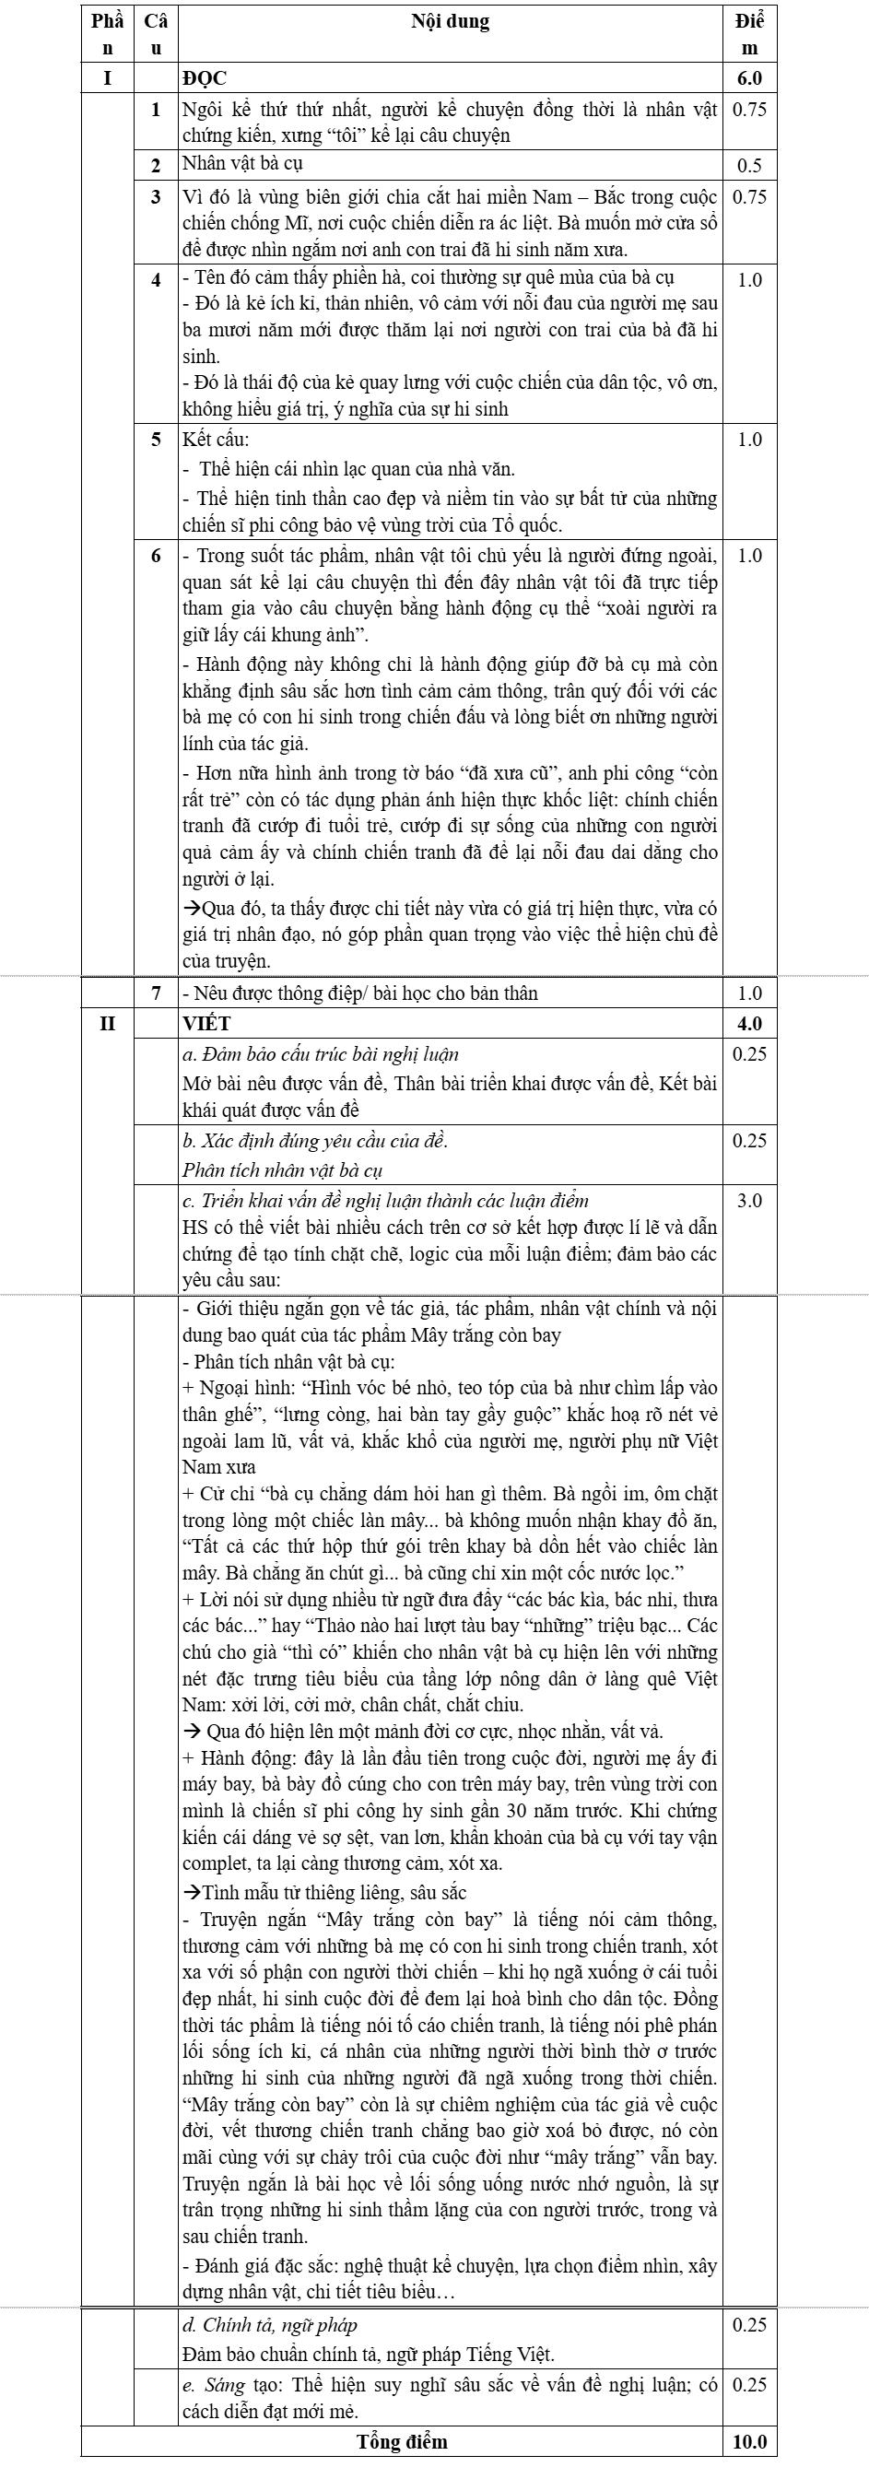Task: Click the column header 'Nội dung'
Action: (x=450, y=22)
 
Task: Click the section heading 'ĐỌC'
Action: (x=205, y=79)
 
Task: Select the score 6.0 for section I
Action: (x=750, y=79)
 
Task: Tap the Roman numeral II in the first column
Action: (x=107, y=1023)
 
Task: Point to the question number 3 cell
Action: (x=156, y=197)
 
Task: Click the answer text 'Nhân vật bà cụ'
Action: (x=242, y=164)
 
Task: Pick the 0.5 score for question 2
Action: (x=750, y=166)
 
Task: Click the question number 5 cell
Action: (x=156, y=440)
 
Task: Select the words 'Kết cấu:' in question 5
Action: (x=216, y=440)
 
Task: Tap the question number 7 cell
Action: (x=156, y=993)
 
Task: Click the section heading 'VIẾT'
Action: (x=207, y=1023)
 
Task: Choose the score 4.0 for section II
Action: (x=750, y=1023)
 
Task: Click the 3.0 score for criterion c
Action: (x=750, y=1201)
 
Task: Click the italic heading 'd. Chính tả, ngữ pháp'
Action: (x=270, y=2325)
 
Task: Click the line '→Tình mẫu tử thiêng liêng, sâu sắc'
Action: (x=324, y=1892)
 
